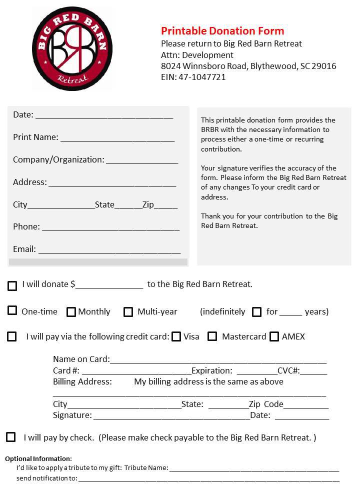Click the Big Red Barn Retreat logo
72,48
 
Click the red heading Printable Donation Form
222,31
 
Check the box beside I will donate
12,286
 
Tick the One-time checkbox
12,310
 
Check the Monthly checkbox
71,312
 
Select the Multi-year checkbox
128,312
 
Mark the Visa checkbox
176,336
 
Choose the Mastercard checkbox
212,336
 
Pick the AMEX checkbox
274,336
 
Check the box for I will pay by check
11,437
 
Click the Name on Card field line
218,361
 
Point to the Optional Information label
38,458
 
